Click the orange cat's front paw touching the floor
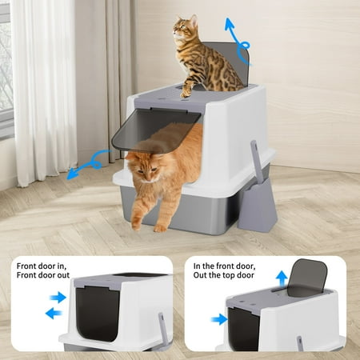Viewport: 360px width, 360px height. click(160, 228)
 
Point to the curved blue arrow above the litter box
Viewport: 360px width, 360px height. click(237, 42)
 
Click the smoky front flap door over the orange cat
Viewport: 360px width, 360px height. click(155, 130)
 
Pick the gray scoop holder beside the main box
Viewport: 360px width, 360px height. click(257, 206)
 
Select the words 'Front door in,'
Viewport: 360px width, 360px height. click(42, 266)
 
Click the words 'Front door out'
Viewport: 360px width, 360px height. click(43, 275)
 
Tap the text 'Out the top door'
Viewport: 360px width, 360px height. click(224, 275)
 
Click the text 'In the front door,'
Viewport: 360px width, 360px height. click(225, 266)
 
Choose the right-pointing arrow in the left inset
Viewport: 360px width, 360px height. click(58, 298)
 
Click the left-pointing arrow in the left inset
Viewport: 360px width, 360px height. click(54, 313)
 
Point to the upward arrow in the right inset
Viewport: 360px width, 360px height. click(282, 279)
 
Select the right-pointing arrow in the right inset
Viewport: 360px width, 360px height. click(219, 319)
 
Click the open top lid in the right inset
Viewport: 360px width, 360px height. click(306, 278)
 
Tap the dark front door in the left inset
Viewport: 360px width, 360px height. click(98, 314)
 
